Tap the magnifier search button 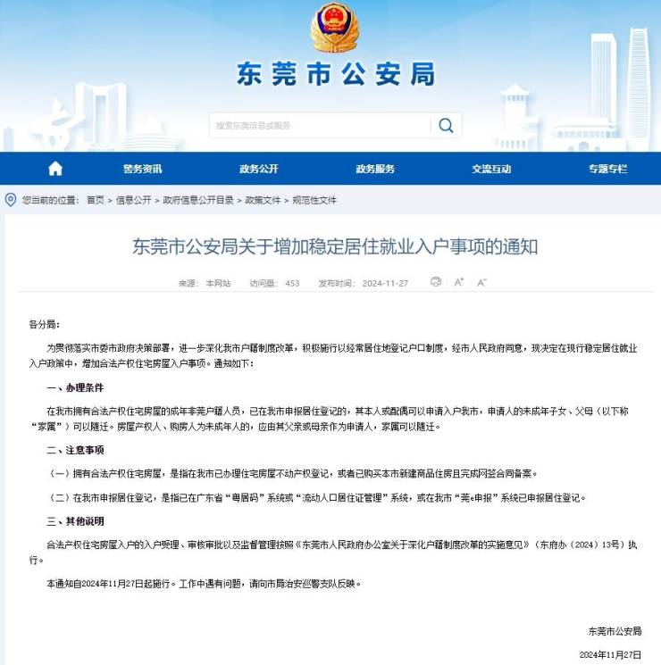[445, 125]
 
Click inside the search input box [322, 125]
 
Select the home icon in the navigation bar [55, 169]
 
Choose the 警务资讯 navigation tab [143, 169]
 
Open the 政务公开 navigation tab [259, 169]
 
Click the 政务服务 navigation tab [375, 169]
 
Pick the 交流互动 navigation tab [491, 169]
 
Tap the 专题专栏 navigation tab [607, 169]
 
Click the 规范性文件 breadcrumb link [315, 200]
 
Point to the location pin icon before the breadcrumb [11, 199]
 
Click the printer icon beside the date [436, 282]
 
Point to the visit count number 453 [292, 283]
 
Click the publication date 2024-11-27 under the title [385, 283]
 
